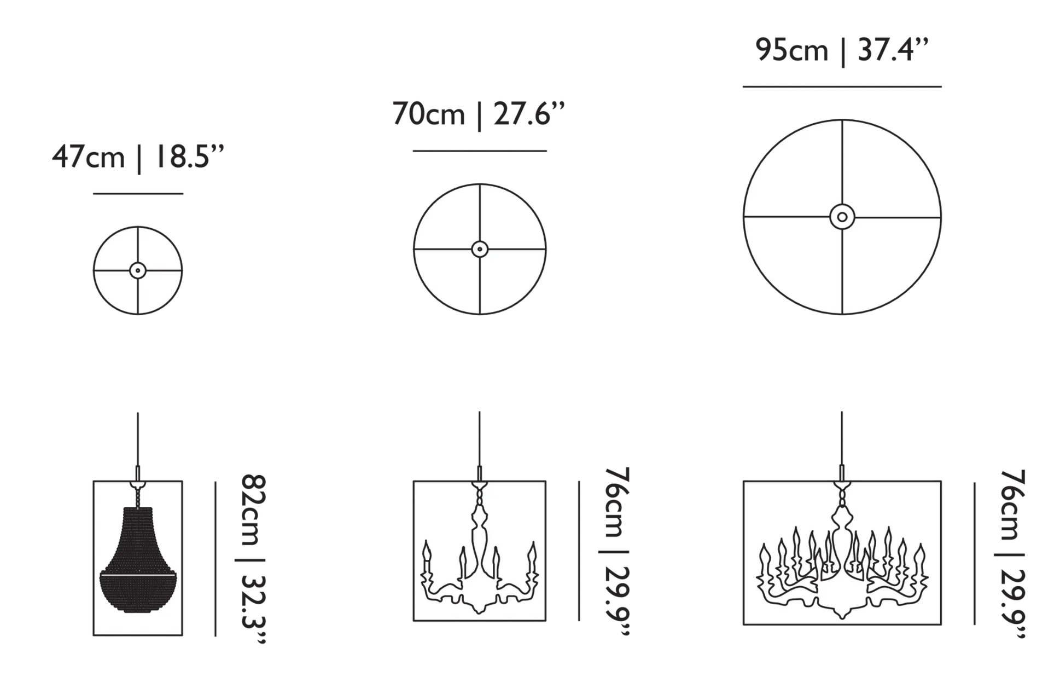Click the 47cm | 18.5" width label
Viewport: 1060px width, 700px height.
click(138, 158)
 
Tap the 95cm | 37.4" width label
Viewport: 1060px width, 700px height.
click(842, 51)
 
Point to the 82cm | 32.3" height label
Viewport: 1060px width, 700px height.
click(254, 559)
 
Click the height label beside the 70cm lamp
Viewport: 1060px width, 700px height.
click(617, 551)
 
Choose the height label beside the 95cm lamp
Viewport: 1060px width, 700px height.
click(1012, 554)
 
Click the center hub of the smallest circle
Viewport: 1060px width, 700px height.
click(138, 270)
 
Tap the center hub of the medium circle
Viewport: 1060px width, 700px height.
click(480, 249)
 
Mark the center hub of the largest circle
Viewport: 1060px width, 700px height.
click(842, 217)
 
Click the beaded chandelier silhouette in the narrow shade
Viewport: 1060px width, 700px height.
click(138, 553)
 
